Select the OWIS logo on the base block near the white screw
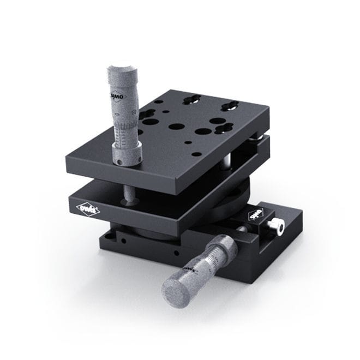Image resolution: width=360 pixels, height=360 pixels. [256, 215]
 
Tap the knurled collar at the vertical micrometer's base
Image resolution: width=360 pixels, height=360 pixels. [127, 153]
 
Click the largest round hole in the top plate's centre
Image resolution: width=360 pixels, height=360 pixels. [176, 127]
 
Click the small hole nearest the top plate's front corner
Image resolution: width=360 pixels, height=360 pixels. [196, 154]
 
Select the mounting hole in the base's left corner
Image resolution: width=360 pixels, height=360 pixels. [112, 235]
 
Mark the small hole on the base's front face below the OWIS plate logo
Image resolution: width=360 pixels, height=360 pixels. [125, 239]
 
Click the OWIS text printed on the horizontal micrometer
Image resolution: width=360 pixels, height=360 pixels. [190, 270]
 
